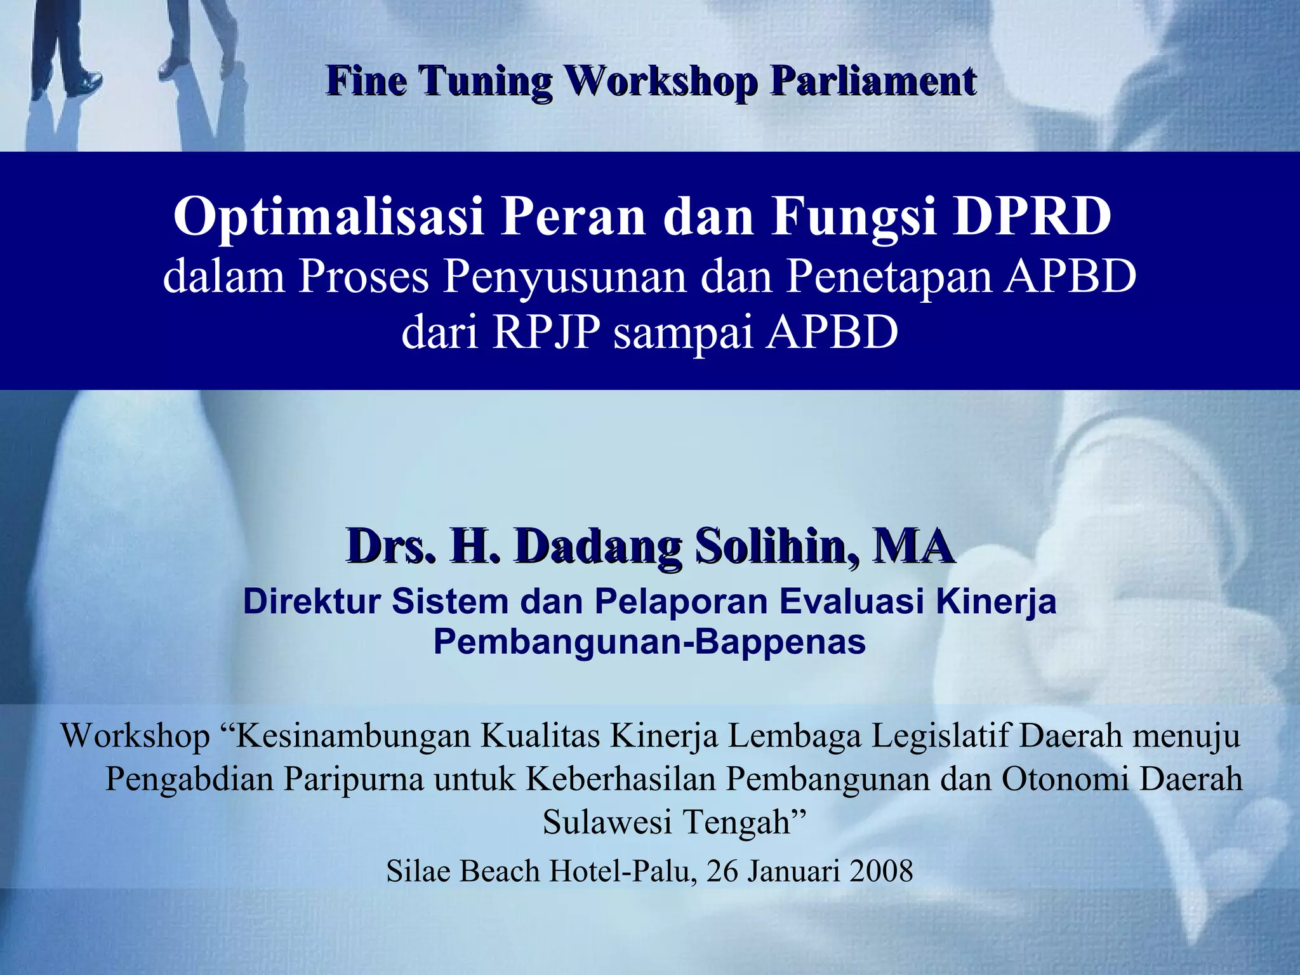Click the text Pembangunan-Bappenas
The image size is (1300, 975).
[649, 642]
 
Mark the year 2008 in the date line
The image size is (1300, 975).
[881, 871]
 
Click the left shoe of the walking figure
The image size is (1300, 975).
[87, 83]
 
